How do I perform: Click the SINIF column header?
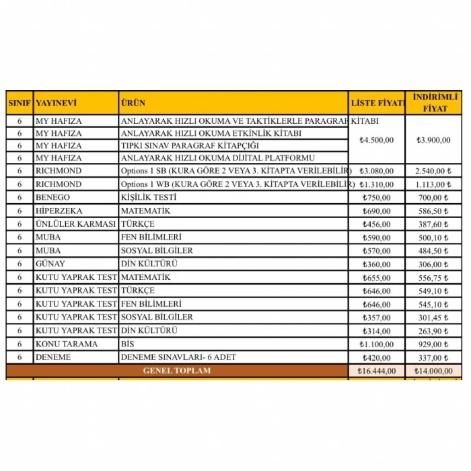19,103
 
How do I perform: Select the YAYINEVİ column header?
56,103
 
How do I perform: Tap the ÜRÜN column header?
133,103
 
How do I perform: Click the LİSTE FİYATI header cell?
377,103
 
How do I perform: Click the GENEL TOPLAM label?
177,371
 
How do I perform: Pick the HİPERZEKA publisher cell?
59,211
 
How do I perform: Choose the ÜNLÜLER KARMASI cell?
75,224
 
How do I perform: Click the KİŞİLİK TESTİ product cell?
149,198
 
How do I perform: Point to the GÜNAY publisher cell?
50,264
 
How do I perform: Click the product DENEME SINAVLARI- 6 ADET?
178,357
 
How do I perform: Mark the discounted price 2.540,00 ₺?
433,171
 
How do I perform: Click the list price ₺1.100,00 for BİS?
377,344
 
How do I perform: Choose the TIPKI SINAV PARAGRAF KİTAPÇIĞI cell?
190,146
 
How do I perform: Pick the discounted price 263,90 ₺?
433,331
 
